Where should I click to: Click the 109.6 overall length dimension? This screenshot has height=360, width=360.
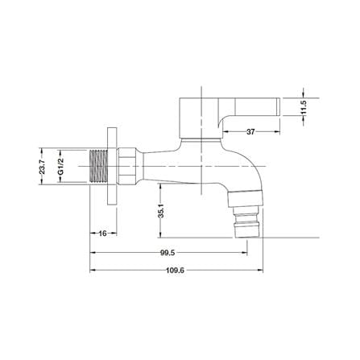click(175, 271)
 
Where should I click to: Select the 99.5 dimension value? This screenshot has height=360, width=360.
click(168, 253)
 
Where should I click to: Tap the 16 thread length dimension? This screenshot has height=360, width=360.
click(103, 234)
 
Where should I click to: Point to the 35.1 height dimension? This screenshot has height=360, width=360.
click(161, 210)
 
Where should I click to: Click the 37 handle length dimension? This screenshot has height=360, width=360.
click(250, 132)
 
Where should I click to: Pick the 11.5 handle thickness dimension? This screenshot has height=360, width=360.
click(304, 107)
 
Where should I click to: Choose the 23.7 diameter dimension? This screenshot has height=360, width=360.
click(42, 167)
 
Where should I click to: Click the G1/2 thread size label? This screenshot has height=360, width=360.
click(61, 167)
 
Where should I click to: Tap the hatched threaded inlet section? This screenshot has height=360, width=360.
click(98, 167)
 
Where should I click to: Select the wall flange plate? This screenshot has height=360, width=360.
click(112, 167)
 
